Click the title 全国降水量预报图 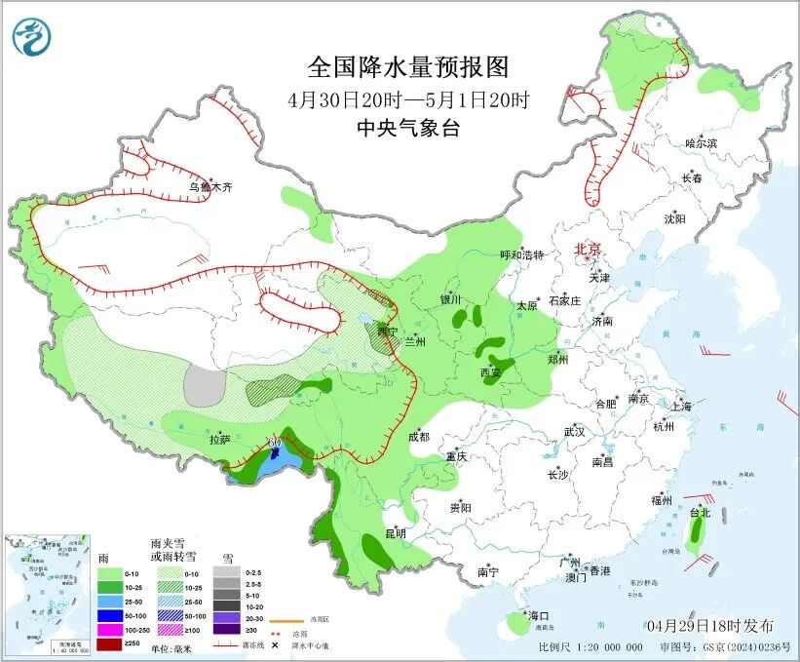(x=408, y=67)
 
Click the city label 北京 (x=590, y=250)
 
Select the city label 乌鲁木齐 (x=211, y=186)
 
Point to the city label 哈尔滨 (x=700, y=143)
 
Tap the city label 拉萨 (x=219, y=440)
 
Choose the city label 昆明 (x=395, y=533)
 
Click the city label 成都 (x=418, y=437)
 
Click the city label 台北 (x=700, y=512)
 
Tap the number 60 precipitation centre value (x=275, y=444)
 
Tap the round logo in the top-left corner (x=31, y=36)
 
